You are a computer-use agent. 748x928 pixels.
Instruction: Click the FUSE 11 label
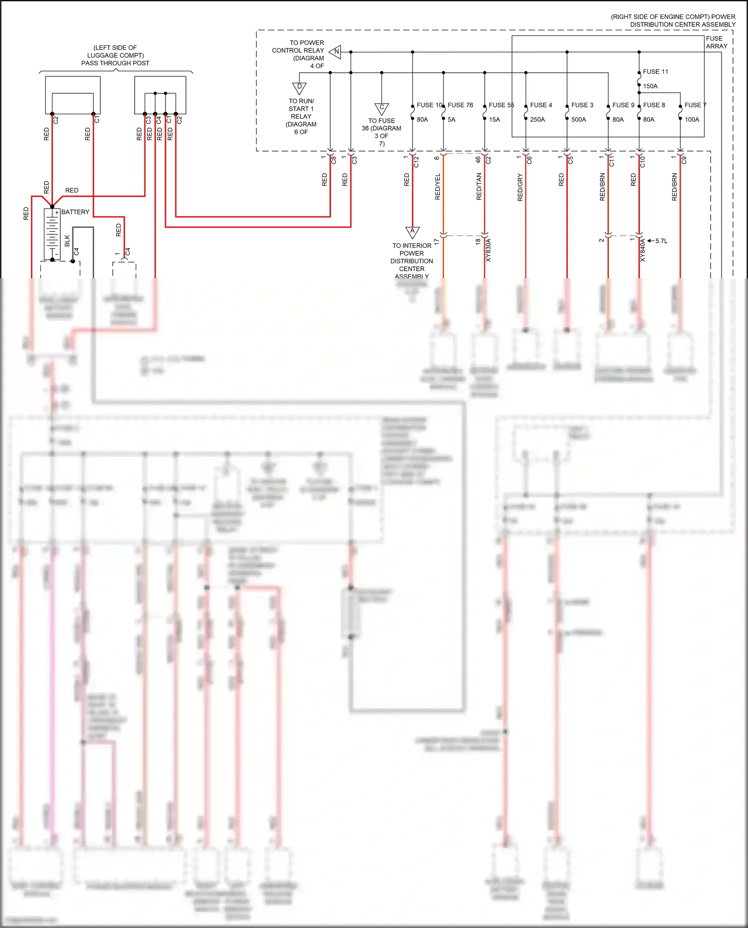[655, 72]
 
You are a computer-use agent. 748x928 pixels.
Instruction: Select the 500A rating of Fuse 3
[578, 120]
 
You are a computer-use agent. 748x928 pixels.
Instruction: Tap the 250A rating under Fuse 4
[537, 120]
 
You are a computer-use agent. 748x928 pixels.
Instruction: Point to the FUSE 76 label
[460, 105]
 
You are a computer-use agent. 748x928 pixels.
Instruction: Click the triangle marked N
[336, 51]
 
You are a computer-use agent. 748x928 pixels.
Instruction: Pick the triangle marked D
[299, 88]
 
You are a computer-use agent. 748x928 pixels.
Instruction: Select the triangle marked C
[381, 108]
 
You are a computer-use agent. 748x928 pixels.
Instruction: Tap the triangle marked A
[412, 232]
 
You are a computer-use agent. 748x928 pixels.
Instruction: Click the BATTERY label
[75, 212]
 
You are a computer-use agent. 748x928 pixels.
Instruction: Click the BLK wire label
[67, 241]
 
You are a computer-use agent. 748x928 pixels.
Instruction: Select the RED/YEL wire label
[438, 187]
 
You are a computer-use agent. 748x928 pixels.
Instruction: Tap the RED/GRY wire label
[520, 187]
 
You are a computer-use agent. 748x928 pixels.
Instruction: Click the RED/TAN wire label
[479, 187]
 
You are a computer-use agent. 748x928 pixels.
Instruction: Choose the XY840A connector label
[643, 250]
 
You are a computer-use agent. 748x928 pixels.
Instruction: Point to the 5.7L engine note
[661, 241]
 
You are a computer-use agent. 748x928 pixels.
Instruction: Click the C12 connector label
[416, 162]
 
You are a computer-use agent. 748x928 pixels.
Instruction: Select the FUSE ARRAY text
[717, 42]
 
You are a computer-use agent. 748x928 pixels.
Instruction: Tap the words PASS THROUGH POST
[115, 63]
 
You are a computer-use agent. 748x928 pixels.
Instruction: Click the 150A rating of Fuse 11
[650, 86]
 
